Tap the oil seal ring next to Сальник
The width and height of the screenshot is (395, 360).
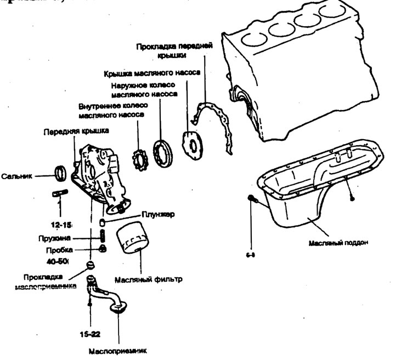point(61,173)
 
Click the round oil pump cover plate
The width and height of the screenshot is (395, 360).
point(192,143)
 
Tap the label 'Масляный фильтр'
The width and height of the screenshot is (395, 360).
point(148,279)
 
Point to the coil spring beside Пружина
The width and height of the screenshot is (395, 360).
point(103,237)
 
